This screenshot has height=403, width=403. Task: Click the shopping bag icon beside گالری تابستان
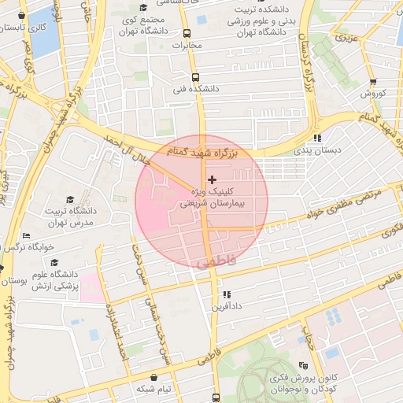click(20, 15)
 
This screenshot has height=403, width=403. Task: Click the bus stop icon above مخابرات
click(187, 34)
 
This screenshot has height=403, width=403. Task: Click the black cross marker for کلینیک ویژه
click(211, 180)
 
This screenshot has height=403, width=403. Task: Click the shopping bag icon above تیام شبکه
click(153, 376)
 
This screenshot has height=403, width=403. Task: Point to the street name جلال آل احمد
click(125, 146)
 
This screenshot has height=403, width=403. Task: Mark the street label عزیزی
click(346, 37)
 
